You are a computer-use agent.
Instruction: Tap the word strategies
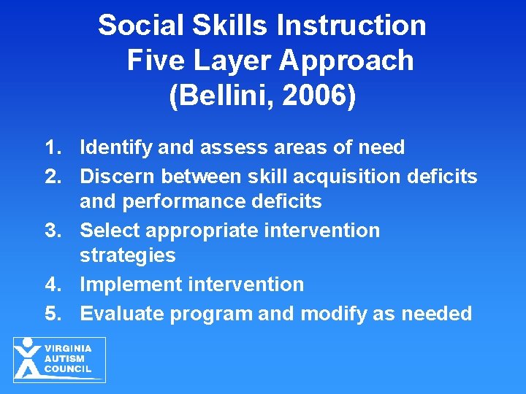tap(128, 255)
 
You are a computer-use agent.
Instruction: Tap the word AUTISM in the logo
tap(65, 359)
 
